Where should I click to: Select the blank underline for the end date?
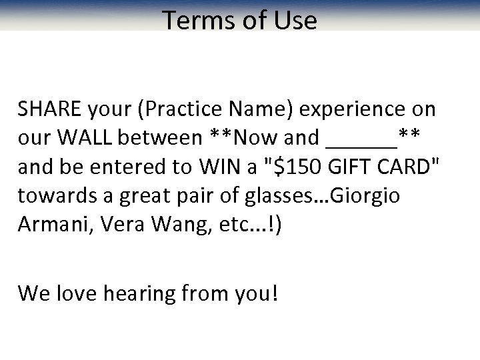click(363, 143)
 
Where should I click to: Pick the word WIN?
click(220, 167)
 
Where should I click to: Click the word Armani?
click(55, 225)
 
